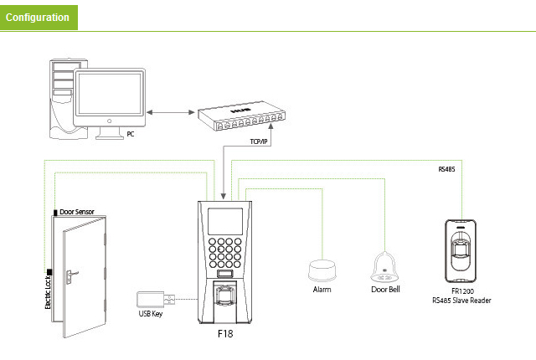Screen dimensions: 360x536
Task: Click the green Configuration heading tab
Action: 39,17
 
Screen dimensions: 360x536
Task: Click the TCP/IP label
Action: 258,143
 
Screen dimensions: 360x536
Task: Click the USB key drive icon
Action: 153,299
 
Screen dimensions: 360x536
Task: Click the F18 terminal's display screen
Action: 224,220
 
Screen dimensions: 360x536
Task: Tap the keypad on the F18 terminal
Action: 225,250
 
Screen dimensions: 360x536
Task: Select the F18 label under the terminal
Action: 224,333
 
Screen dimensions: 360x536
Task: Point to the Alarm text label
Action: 322,289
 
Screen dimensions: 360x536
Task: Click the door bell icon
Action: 386,267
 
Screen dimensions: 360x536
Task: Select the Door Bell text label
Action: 386,289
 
